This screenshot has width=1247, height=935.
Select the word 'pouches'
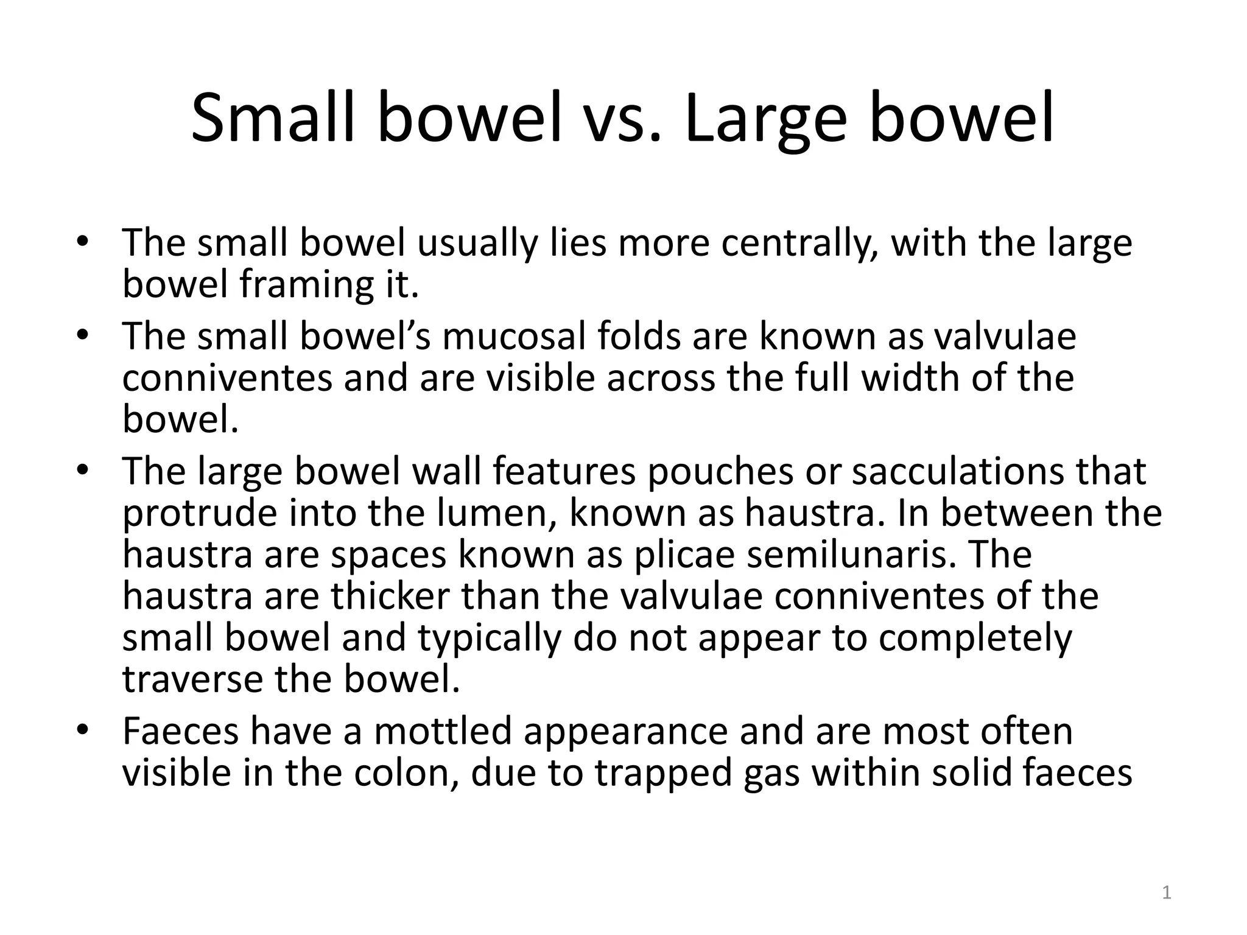tap(720, 471)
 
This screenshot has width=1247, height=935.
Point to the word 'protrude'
tap(199, 513)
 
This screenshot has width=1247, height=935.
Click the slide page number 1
tap(1166, 893)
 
